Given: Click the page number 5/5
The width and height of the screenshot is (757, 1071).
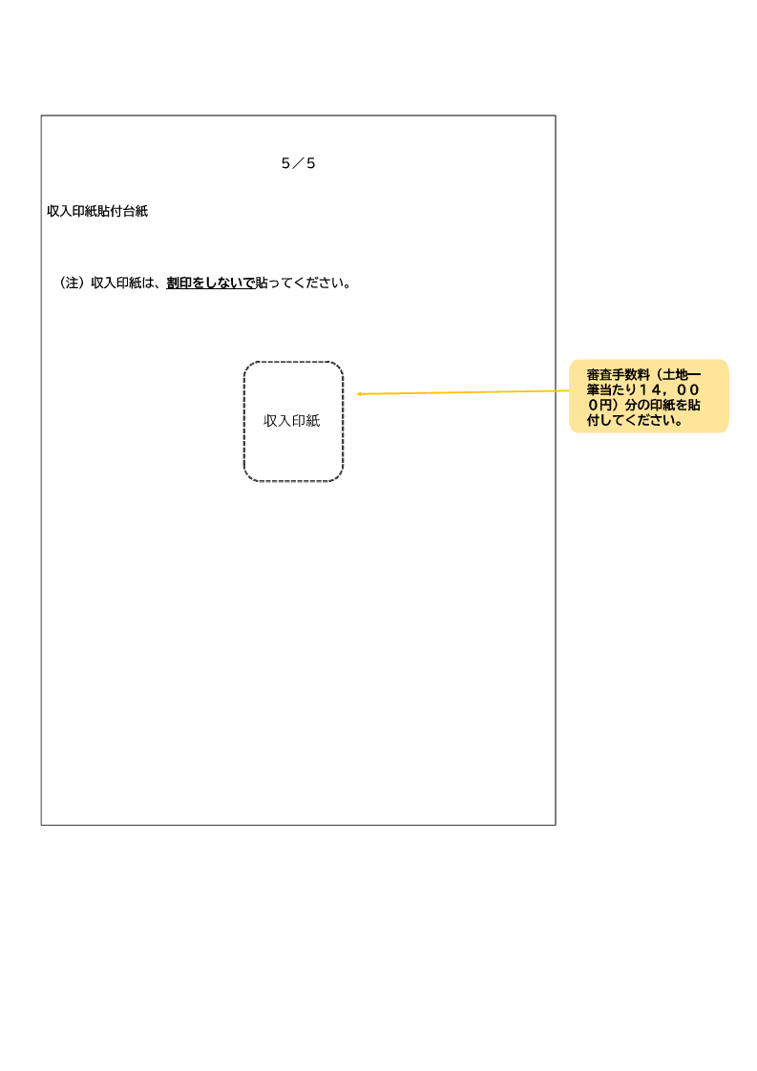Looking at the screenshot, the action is coord(298,163).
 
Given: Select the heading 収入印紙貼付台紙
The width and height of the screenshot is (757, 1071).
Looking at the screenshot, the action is coord(97,211).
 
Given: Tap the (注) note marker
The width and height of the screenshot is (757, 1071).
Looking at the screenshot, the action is coord(72,283).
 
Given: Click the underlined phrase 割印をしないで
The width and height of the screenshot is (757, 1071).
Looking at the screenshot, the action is coord(210,283).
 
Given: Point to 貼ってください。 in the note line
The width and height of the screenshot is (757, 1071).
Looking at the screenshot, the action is coord(304,283).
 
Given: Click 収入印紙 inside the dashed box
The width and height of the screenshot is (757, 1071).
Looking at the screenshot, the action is coord(292,421).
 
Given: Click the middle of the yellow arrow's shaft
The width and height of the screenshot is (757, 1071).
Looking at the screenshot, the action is coord(463,392).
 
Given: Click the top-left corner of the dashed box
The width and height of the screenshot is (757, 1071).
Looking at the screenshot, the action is coord(244,362).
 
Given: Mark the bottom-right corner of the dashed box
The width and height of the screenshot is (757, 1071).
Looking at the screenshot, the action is coord(343,481).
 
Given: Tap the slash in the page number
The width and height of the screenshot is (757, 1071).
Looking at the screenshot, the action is coord(298,163).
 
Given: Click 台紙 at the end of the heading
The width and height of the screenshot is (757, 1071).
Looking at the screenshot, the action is coord(136,211).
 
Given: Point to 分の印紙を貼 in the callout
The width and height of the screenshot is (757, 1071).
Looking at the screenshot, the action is coord(662,405).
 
